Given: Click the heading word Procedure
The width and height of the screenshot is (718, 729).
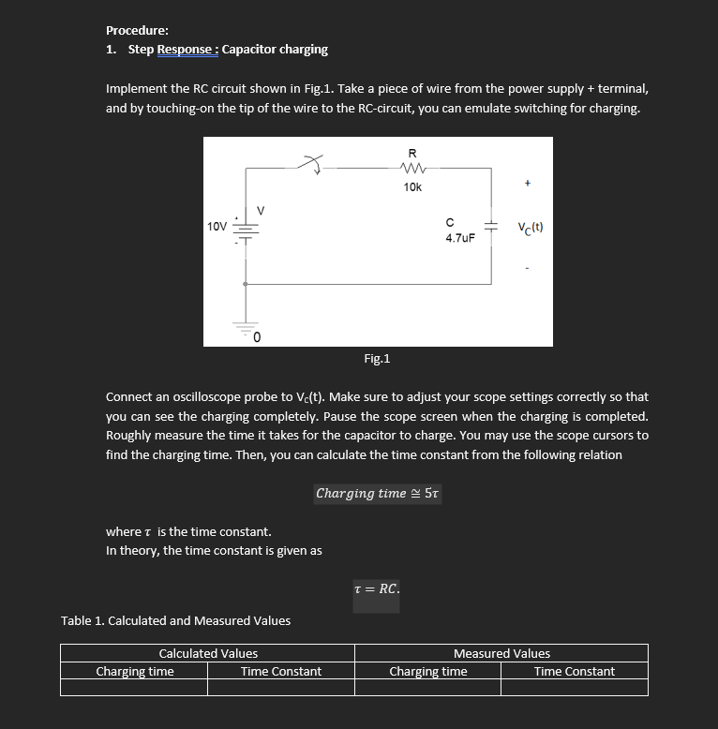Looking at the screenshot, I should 137,30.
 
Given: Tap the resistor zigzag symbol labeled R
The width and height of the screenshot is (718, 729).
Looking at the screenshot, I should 412,169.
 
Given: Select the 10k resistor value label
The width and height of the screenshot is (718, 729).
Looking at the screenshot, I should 412,187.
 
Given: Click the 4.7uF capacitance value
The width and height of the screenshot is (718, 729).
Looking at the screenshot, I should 459,238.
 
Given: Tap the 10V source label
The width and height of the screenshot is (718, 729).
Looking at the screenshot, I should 217,227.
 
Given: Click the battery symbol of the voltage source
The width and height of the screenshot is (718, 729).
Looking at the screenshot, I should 246,231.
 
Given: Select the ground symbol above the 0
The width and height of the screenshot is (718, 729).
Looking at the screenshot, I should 246,326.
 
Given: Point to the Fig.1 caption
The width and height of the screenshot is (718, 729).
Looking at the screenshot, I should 377,358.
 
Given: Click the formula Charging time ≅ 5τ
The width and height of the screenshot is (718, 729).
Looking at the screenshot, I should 377,493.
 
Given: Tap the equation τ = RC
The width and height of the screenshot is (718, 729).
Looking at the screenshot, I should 377,589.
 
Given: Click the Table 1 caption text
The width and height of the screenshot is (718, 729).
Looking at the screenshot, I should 175,620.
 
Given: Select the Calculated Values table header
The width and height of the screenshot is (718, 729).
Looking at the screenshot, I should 208,653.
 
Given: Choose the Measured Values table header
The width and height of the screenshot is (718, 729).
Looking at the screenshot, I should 501,653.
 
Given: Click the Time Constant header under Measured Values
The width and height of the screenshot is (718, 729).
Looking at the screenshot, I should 574,671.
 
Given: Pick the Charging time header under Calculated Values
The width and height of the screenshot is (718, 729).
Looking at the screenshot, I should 135,671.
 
